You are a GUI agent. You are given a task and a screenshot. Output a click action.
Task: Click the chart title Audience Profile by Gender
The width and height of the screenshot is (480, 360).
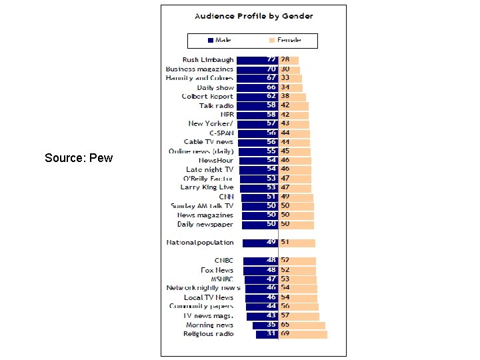point(253,15)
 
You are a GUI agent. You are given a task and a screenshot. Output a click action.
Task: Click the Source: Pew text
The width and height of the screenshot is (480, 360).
point(79,158)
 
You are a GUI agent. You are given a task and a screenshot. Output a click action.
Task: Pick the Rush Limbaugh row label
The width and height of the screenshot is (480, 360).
point(208,60)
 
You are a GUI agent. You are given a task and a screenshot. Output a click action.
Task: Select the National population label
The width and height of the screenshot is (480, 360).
point(200,243)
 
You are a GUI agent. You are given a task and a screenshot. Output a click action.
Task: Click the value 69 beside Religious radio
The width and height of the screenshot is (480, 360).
point(285,334)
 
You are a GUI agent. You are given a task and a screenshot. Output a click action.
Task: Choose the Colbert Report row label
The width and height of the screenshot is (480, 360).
point(207,97)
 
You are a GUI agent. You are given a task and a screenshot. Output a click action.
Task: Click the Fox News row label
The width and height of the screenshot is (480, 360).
point(217,270)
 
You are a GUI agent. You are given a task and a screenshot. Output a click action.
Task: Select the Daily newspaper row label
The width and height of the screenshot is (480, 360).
point(205,225)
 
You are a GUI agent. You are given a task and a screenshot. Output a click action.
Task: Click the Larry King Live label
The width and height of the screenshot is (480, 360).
point(208,188)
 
